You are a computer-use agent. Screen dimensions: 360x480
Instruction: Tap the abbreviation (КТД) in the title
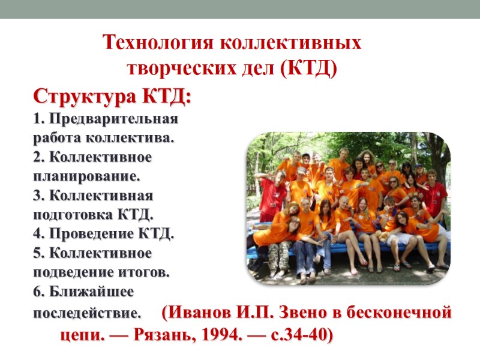tap(308, 67)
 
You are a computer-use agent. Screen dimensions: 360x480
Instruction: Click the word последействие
tap(86, 313)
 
